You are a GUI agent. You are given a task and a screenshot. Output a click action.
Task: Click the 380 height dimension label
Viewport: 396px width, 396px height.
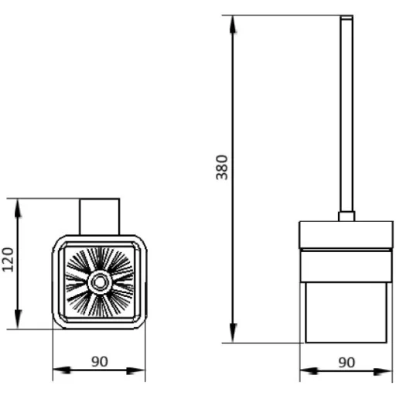pos(222,167)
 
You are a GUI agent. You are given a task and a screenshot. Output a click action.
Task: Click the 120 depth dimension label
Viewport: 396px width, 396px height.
pos(8,260)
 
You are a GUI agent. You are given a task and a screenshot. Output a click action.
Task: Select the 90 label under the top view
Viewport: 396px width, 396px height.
pos(100,362)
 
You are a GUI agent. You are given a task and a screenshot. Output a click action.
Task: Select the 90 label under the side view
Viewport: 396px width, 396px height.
pos(346,363)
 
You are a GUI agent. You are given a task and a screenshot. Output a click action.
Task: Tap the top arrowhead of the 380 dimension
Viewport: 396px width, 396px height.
pos(233,25)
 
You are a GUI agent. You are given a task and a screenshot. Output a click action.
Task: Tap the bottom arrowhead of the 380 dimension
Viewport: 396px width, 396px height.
pos(233,333)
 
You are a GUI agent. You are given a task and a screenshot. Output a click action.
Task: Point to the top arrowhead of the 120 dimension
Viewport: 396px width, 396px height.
pos(18,208)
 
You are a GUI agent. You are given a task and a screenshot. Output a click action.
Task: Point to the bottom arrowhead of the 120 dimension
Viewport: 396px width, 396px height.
pos(18,319)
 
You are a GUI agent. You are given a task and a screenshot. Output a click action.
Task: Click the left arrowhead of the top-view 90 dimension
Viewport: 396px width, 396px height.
pos(62,370)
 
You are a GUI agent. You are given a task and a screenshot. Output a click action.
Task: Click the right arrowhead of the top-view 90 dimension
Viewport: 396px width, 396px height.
pos(135,370)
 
